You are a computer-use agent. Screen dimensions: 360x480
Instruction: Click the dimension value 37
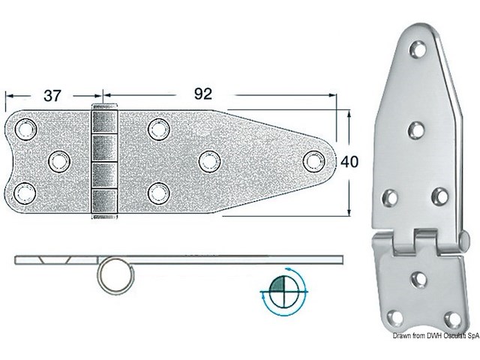(51, 95)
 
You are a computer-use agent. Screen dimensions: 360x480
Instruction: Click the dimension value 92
(203, 94)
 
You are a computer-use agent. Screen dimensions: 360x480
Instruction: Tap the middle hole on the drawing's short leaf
(58, 160)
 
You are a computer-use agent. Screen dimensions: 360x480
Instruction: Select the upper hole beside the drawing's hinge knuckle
(157, 129)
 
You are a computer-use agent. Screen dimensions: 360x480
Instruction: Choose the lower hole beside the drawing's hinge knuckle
(157, 192)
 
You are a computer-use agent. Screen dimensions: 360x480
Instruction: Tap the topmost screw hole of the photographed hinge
(419, 50)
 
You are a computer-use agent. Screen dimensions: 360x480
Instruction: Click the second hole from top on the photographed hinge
(417, 130)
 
